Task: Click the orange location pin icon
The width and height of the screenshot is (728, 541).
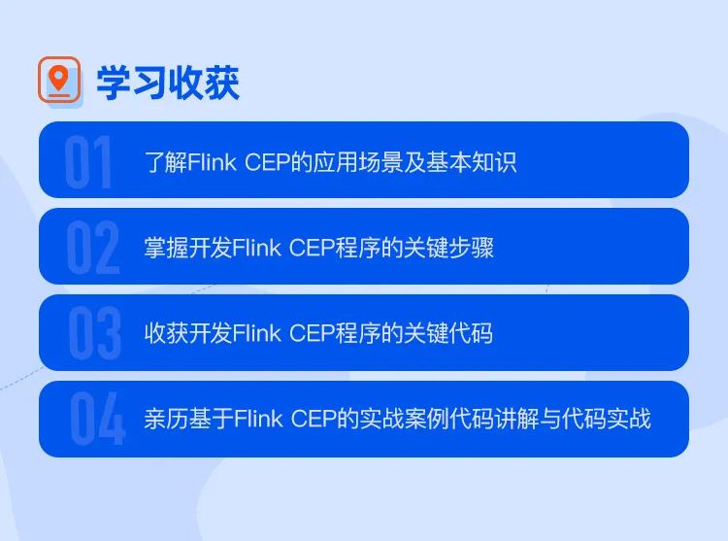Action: (x=58, y=79)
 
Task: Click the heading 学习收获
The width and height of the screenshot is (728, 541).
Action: (x=168, y=84)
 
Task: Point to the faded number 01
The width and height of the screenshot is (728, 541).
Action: (x=88, y=161)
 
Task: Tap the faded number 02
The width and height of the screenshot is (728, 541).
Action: (x=93, y=248)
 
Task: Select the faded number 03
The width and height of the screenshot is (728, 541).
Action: (x=95, y=333)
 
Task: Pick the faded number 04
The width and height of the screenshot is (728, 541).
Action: (x=97, y=419)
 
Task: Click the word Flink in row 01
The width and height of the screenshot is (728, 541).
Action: (x=213, y=162)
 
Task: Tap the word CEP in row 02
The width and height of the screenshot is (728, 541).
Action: (x=311, y=248)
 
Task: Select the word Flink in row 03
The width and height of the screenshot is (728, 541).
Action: (x=257, y=333)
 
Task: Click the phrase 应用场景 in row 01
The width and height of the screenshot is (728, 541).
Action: (x=358, y=162)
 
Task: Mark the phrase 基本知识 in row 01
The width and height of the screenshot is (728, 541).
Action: (x=471, y=162)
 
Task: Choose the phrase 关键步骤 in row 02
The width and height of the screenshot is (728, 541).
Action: (x=448, y=248)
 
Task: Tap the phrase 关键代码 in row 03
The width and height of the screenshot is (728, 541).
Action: (x=448, y=333)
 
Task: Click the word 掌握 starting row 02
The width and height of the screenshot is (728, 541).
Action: (x=166, y=248)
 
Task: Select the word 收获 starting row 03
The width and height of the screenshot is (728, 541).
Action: (x=166, y=333)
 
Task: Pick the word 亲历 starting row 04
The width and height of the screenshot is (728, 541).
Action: (x=166, y=419)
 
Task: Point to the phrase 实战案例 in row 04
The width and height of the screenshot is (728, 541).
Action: (x=404, y=419)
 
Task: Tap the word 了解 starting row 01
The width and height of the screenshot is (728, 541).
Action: (x=166, y=162)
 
